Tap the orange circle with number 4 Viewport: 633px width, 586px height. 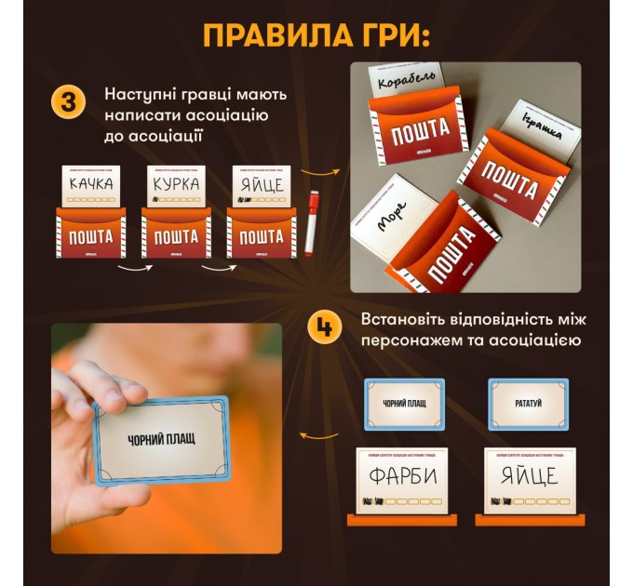tap(325, 326)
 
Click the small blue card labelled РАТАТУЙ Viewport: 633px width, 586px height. tap(528, 403)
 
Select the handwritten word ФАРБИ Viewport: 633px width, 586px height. tap(401, 476)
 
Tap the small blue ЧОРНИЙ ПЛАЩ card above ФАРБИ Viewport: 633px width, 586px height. tap(401, 403)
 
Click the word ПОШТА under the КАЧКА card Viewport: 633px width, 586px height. tap(90, 237)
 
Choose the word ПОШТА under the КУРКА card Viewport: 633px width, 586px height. tap(176, 237)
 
